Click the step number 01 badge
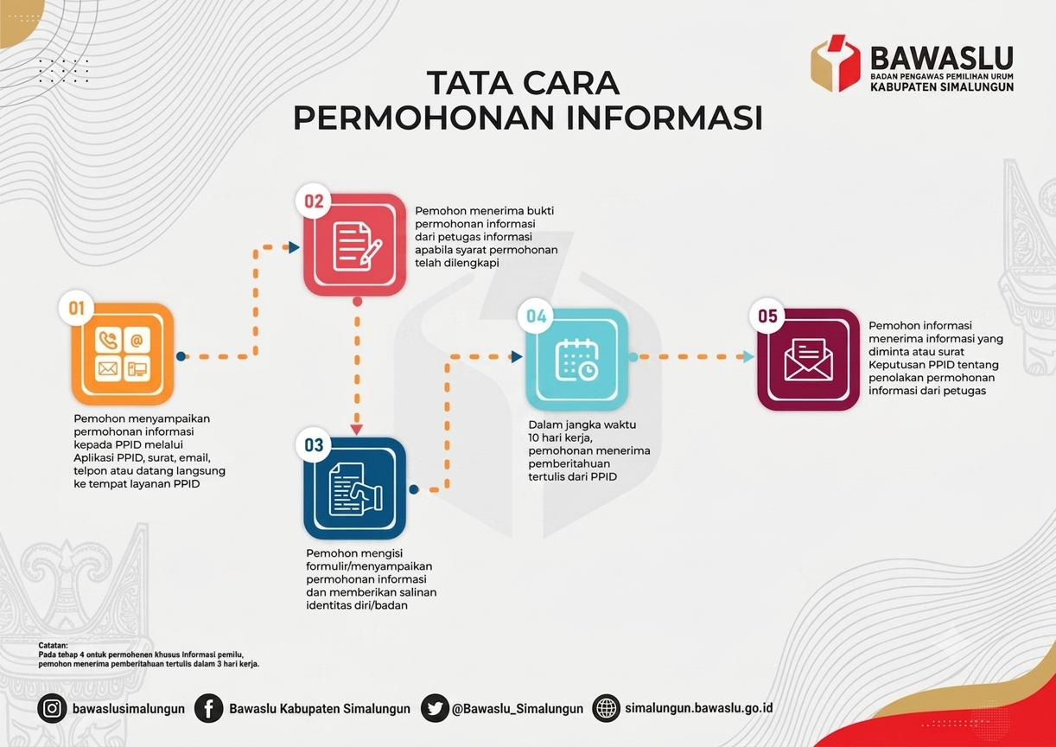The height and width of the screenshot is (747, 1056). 76,308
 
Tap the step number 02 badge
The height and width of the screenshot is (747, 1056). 314,201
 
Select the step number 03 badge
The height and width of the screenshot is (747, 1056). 314,444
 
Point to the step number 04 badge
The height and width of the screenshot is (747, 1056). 536,316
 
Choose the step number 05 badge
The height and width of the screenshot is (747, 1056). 767,316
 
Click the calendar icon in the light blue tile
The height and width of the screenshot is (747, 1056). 577,360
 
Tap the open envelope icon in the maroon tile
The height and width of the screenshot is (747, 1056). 808,360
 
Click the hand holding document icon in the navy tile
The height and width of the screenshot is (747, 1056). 356,489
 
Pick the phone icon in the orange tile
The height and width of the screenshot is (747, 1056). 107,340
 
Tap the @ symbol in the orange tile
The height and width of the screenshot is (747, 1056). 137,340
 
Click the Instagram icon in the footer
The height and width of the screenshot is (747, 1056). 52,708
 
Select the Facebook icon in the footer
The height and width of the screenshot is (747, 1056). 208,708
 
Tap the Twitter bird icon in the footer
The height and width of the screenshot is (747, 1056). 434,708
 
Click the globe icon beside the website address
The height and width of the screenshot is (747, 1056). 606,708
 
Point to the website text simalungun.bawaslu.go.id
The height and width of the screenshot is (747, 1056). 698,708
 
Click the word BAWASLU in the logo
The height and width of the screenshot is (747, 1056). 941,59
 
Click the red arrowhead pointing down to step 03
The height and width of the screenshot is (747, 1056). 357,429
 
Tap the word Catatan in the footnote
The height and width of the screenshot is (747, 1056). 53,645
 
